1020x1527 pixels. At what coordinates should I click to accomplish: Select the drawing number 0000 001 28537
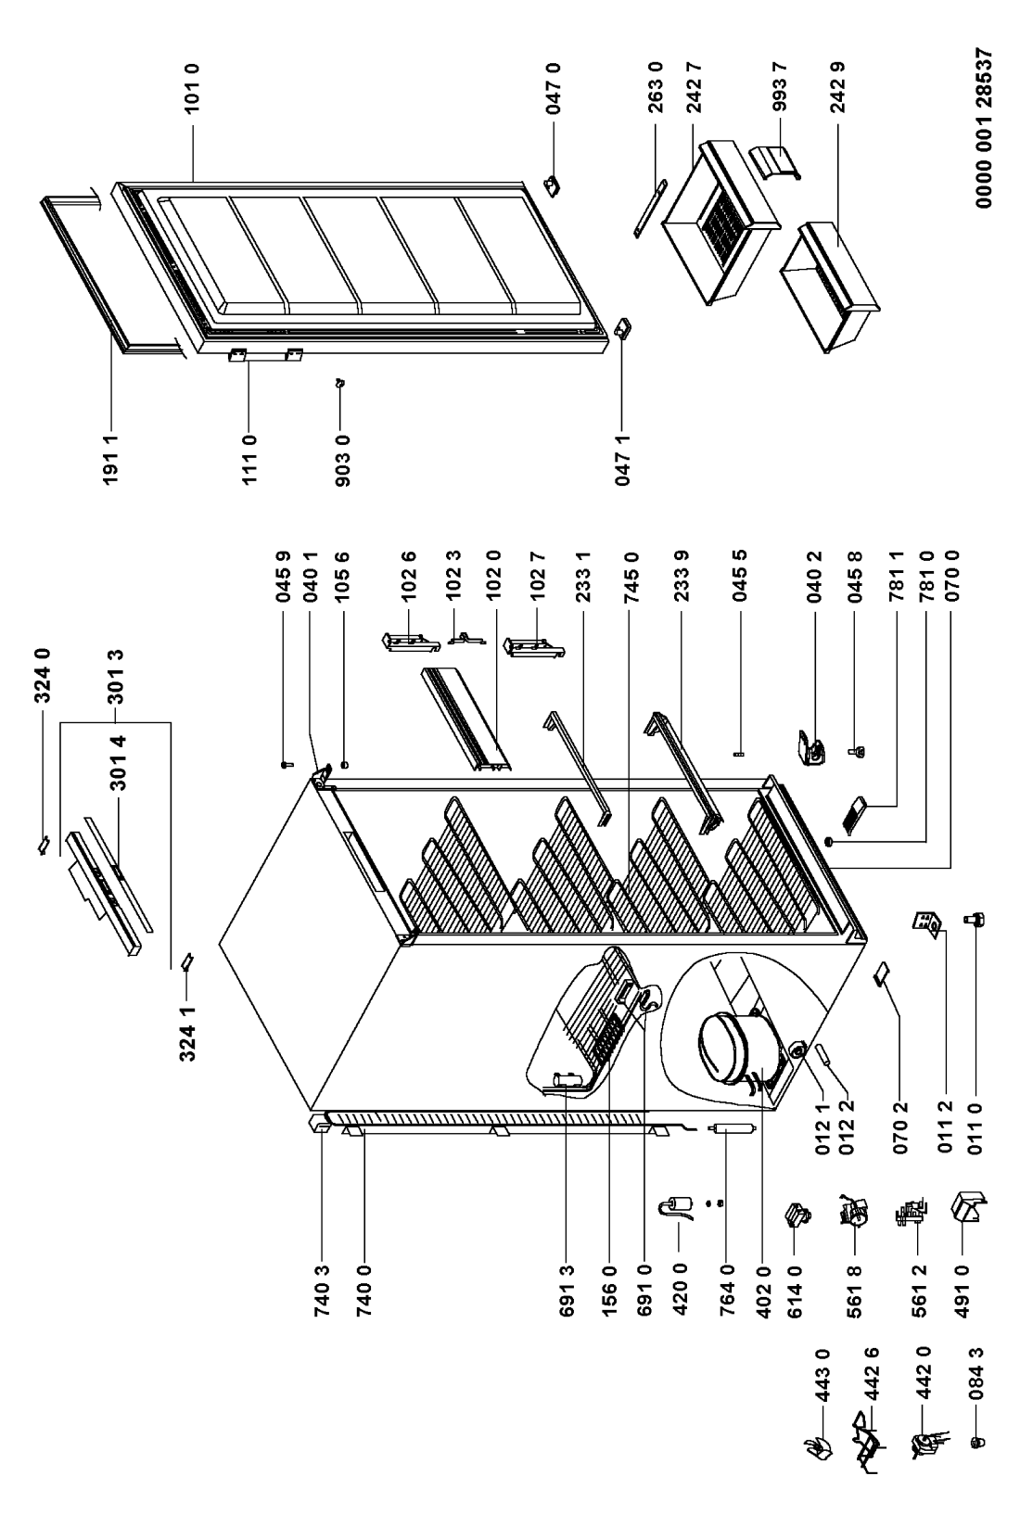984,127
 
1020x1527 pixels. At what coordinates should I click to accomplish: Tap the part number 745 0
630,576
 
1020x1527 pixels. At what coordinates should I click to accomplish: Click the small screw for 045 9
285,765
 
